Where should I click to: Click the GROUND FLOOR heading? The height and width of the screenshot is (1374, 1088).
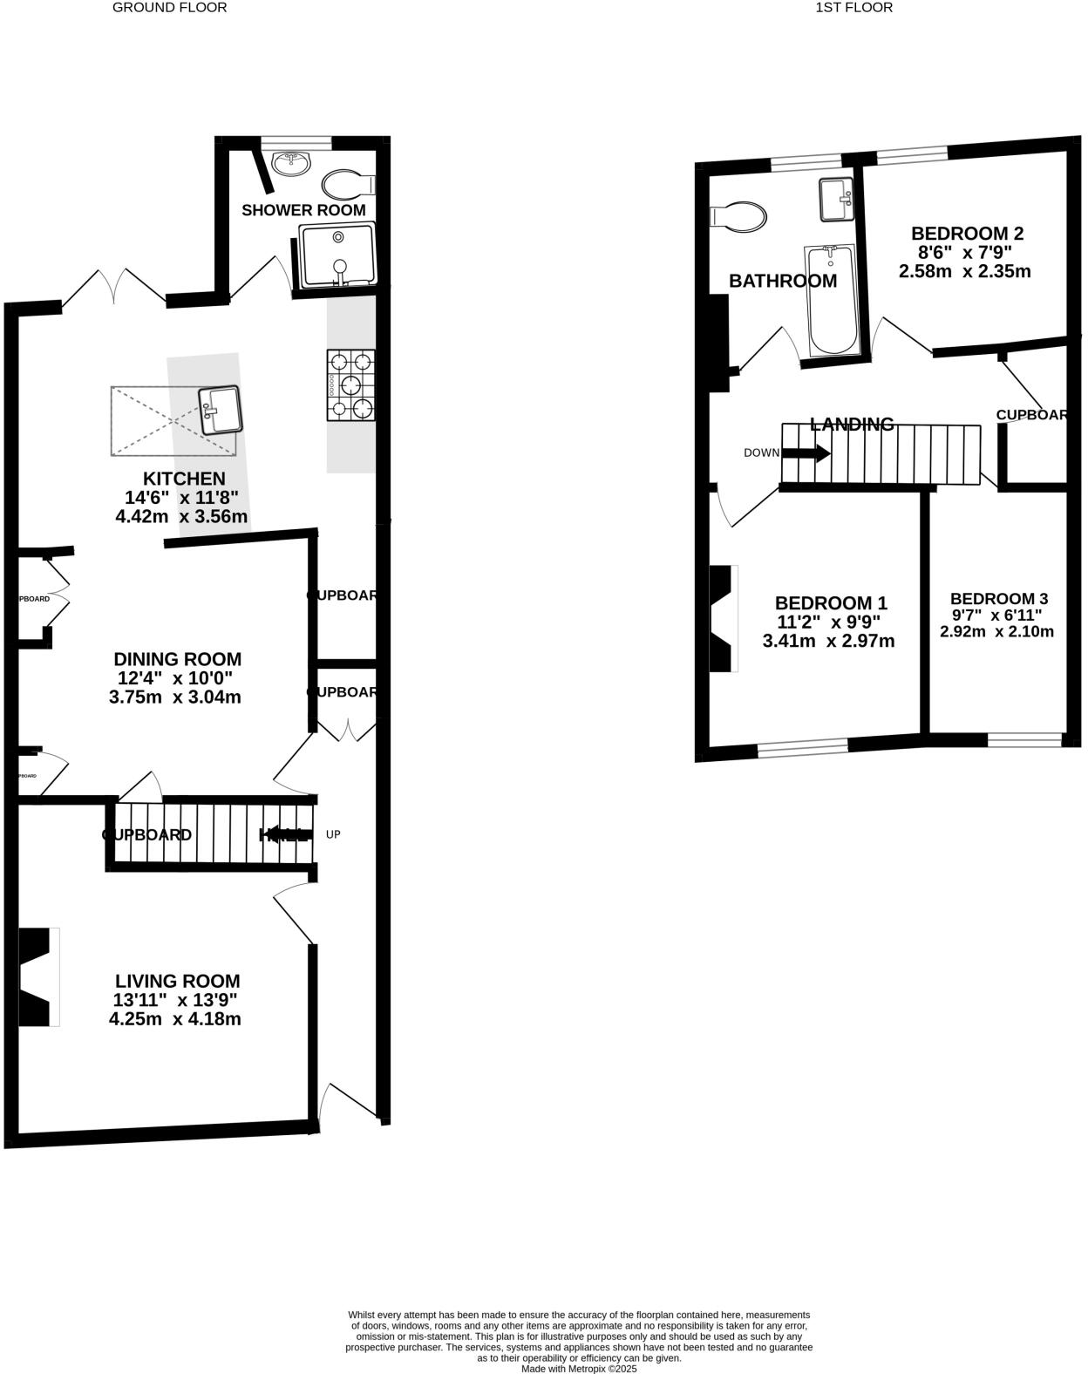tap(169, 8)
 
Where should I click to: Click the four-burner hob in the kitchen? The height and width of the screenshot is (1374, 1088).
tap(350, 384)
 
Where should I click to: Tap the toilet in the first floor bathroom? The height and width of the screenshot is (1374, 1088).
tap(739, 216)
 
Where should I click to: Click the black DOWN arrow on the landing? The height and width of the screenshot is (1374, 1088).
tap(806, 453)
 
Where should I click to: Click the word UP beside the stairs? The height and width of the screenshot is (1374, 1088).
tap(333, 834)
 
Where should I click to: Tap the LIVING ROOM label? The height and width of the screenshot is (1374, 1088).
tap(176, 981)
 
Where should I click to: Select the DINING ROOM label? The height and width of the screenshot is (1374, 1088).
tap(178, 659)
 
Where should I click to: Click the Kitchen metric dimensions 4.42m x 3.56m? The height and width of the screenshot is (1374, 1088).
tap(181, 516)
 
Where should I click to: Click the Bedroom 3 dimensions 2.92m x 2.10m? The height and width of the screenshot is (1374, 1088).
tap(996, 631)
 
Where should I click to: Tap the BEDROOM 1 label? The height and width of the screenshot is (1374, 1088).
tap(831, 602)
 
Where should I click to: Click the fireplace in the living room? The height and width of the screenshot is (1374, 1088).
tap(37, 977)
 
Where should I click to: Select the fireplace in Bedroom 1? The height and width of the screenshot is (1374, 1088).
tap(723, 619)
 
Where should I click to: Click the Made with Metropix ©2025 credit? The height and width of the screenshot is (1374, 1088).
tap(579, 1369)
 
